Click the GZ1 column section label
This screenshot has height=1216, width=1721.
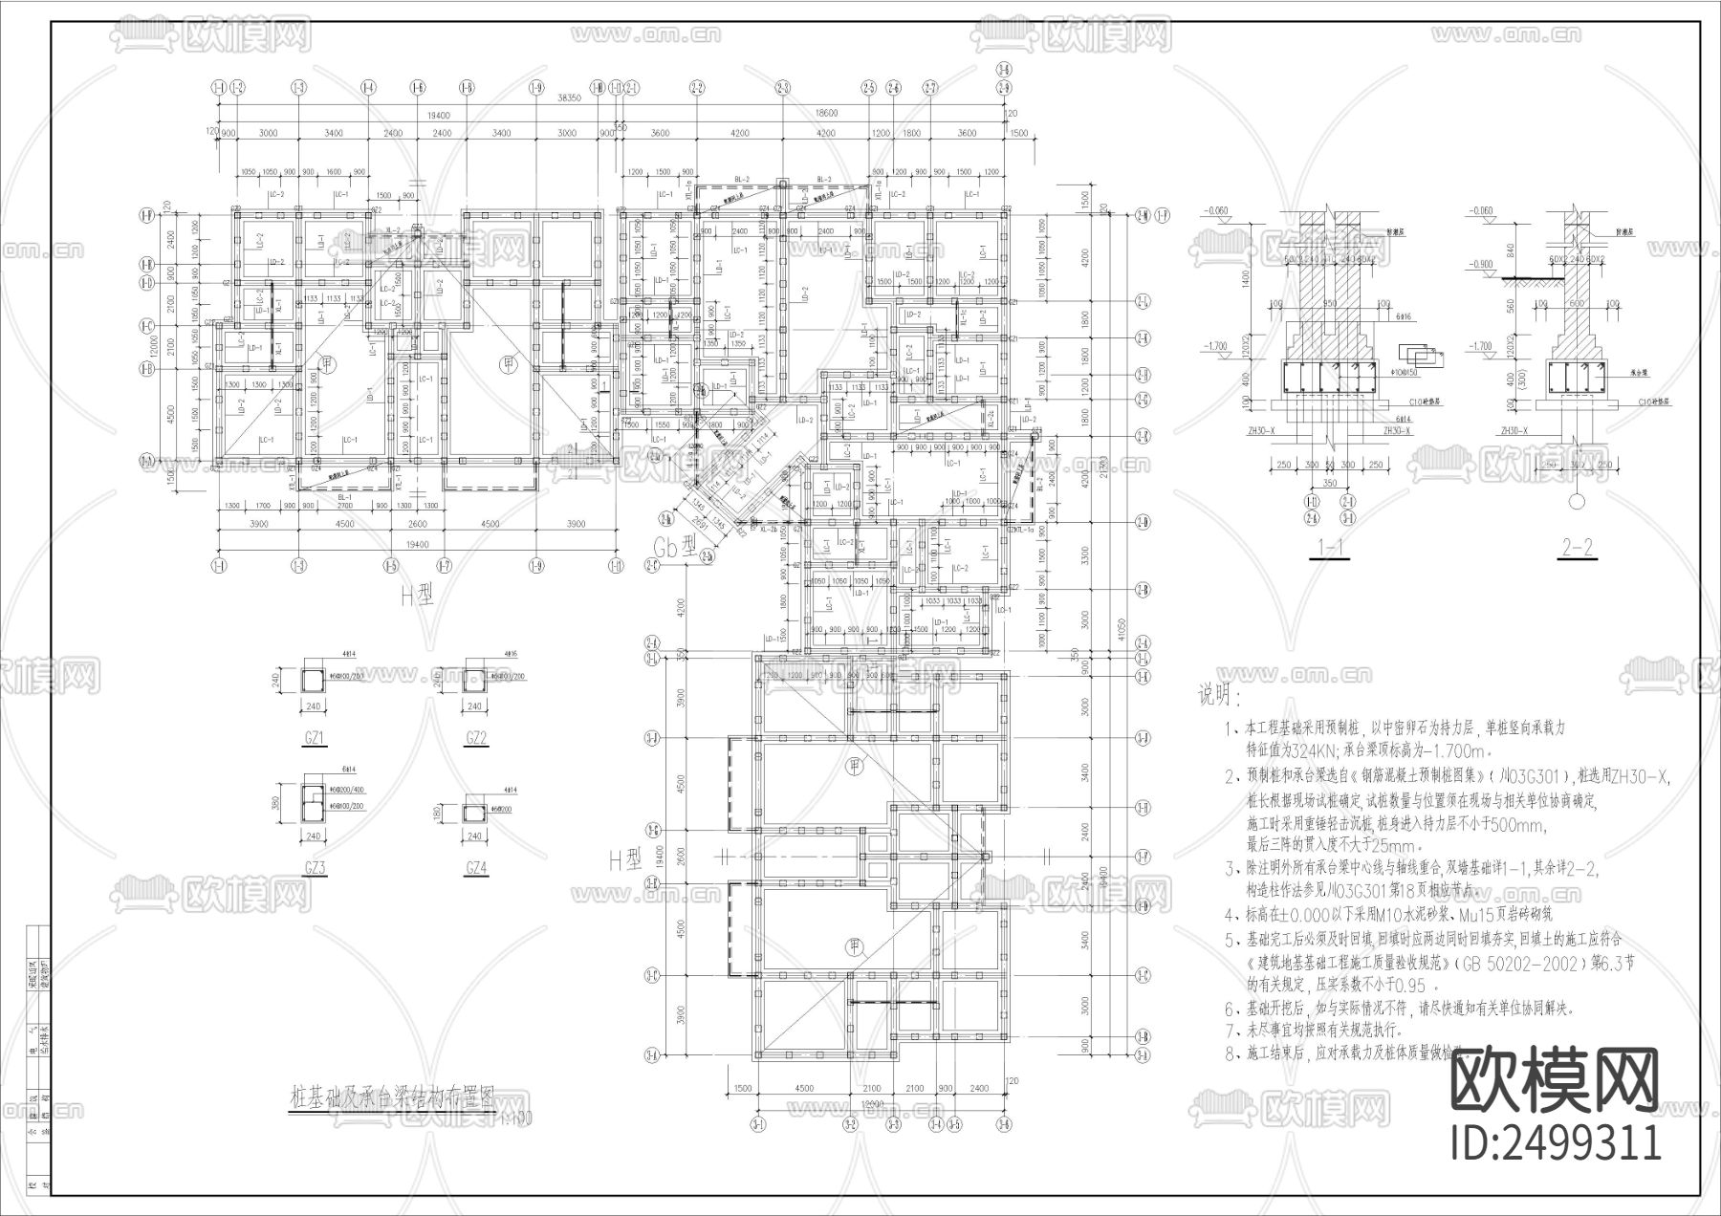tap(314, 737)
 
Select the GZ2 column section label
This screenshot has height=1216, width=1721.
tap(475, 737)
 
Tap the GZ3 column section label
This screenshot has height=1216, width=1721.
tap(314, 868)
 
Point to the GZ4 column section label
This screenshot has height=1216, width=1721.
tap(475, 868)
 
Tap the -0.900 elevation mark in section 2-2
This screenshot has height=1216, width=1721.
tap(1484, 263)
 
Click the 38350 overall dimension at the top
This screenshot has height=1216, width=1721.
tap(570, 98)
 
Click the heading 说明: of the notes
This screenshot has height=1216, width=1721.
tap(1221, 695)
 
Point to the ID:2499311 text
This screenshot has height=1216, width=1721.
tap(1556, 1143)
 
